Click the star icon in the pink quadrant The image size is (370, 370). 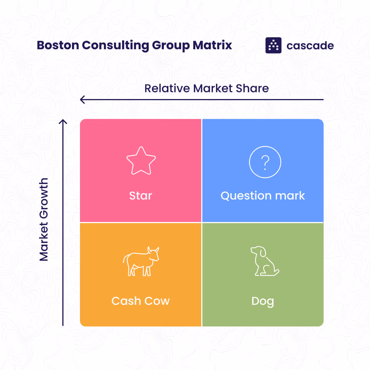point(141,161)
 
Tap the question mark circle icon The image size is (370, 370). point(265,162)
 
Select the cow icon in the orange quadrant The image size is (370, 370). point(141,261)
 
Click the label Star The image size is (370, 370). point(141,196)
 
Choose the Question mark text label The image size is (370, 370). point(263,196)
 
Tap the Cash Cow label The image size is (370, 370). point(141,301)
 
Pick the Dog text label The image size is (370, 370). point(263,301)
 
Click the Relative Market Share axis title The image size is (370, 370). point(206,89)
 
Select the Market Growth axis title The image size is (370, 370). point(44,219)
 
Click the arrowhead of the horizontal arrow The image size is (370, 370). point(82,100)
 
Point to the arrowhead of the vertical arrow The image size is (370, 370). point(63,122)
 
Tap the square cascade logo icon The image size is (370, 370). point(273,45)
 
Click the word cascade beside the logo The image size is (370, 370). point(310,46)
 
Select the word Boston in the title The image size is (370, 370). point(58,45)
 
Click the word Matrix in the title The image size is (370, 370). point(212,45)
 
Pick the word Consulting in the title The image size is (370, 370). point(115,46)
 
